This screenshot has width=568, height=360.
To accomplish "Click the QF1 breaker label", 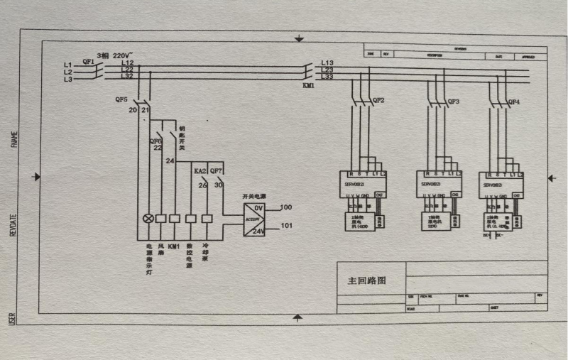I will coord(89,61).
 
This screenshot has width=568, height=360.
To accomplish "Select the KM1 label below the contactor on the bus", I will coord(309,85).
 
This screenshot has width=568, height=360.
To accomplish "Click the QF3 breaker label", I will coord(453,102).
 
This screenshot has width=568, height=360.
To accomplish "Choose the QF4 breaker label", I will coord(513,102).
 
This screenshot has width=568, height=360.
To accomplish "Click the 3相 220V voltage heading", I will coord(114,55).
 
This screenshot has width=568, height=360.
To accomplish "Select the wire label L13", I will coord(327,63).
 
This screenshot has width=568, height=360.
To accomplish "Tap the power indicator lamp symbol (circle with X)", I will coord(148,218).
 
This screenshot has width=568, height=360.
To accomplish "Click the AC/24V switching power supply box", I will coord(254,219).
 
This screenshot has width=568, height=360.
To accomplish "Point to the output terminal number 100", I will coord(286,207).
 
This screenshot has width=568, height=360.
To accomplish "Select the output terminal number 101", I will coord(286,227).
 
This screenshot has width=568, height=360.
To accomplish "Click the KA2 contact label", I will coord(200,171).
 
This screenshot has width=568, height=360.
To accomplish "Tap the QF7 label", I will coord(217,171).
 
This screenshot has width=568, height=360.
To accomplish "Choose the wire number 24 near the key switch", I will coord(170,161).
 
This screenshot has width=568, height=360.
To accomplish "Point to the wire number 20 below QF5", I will coord(133,110).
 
